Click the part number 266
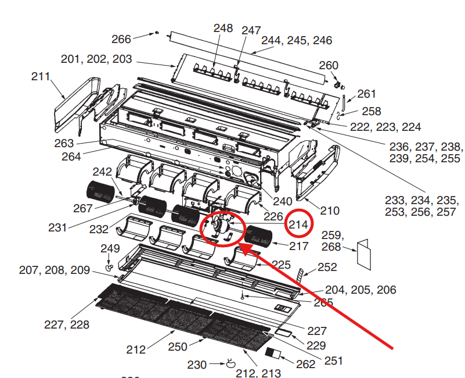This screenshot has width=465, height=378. coord(121,39)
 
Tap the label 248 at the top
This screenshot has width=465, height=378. coord(223,28)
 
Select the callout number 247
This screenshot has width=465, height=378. coord(251,30)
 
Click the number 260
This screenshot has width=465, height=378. coord(329,65)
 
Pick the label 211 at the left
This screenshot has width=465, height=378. coord(41,76)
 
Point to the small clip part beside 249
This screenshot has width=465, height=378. coord(109,266)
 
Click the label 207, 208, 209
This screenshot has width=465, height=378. coord(55,270)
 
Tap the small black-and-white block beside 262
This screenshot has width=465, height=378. coord(272,352)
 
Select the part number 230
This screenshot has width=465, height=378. coord(197,365)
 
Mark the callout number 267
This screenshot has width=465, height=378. coord(83,208)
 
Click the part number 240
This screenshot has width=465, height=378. coord(282,201)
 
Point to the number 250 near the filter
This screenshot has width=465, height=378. coord(178,347)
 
